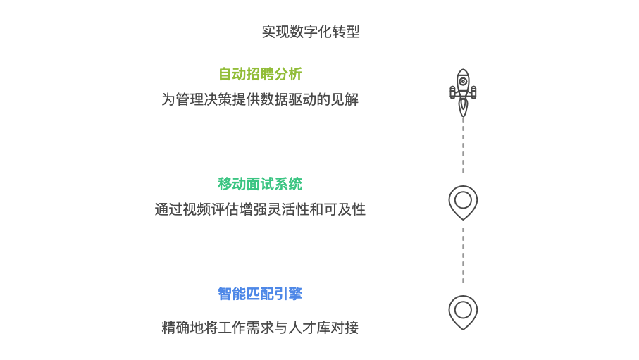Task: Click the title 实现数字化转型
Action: tap(311, 32)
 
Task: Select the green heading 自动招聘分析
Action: tap(260, 74)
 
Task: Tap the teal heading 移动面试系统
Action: tap(260, 184)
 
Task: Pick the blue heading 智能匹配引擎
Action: tap(260, 294)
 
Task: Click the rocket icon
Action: tap(463, 92)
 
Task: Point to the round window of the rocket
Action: tap(463, 82)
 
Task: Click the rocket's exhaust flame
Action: tap(463, 107)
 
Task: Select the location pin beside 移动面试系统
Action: tap(463, 201)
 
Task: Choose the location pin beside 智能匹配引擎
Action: tap(463, 311)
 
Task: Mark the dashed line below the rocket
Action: tap(463, 145)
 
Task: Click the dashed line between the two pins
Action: tap(463, 255)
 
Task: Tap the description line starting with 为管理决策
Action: tap(260, 99)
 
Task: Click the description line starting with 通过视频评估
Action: tap(260, 209)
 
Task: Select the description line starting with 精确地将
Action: tap(260, 328)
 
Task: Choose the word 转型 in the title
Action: tap(346, 32)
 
